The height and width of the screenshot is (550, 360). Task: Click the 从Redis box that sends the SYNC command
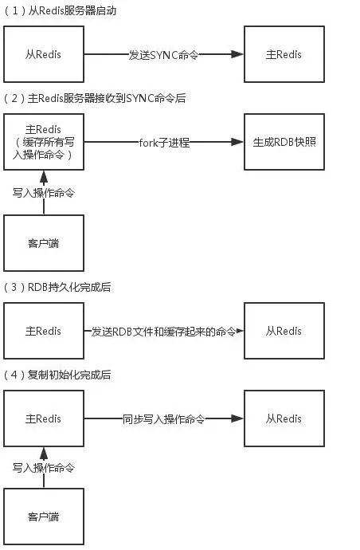click(44, 55)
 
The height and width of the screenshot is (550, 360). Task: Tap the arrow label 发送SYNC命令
click(162, 55)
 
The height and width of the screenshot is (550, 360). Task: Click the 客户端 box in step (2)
click(44, 243)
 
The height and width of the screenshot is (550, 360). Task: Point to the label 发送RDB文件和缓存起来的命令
click(162, 331)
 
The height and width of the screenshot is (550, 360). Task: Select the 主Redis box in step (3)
click(44, 331)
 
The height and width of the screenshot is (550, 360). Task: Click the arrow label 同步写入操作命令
click(162, 418)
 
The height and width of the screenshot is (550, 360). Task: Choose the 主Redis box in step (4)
click(44, 418)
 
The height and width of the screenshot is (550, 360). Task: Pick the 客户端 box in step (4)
click(44, 517)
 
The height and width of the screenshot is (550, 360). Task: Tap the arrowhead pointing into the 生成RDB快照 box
click(237, 143)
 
